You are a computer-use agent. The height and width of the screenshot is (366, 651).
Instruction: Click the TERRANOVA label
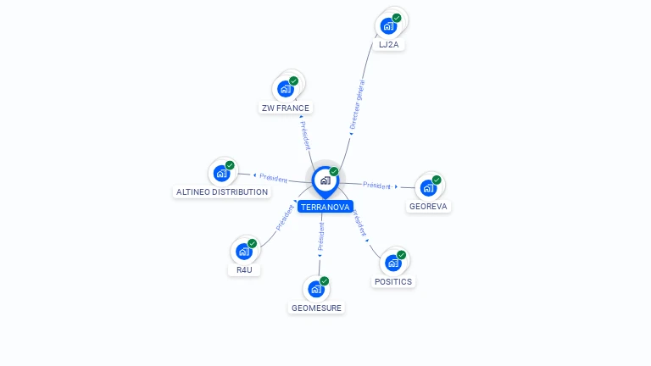coord(325,207)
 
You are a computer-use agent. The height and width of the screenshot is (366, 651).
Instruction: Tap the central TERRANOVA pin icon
coord(325,182)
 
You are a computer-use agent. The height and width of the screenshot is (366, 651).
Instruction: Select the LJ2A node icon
coord(388,26)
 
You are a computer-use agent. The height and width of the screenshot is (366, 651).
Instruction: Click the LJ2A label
coord(388,45)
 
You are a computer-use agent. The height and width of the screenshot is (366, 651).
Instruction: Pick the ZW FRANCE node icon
coord(286,89)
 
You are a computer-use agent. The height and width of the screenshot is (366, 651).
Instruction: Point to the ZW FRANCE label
coord(285,108)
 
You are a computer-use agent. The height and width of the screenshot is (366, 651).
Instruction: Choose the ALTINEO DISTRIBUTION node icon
coord(222,173)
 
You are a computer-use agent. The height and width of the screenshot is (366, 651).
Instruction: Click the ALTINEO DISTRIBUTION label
coord(222,192)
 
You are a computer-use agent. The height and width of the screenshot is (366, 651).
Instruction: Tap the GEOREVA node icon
coord(428,187)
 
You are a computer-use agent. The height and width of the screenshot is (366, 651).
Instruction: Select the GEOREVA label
coord(428,206)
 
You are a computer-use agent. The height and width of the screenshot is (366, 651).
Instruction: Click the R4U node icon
coord(244,252)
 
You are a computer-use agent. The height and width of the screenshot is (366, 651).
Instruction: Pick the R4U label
coord(244,269)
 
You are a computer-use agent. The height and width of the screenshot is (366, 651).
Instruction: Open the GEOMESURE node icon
coord(316,289)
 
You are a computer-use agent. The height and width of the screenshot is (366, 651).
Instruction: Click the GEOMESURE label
coord(316,308)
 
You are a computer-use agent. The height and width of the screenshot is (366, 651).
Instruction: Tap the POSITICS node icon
coord(393,263)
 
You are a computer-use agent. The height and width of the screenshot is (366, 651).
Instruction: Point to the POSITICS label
coord(393,282)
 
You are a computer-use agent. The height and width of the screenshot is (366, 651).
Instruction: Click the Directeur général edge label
coord(357,104)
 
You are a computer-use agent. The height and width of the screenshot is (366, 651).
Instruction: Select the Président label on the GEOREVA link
coord(376,186)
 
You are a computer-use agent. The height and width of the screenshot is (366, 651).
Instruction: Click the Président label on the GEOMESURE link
coord(321,236)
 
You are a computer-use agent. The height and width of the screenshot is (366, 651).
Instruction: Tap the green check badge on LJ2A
coord(397,18)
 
